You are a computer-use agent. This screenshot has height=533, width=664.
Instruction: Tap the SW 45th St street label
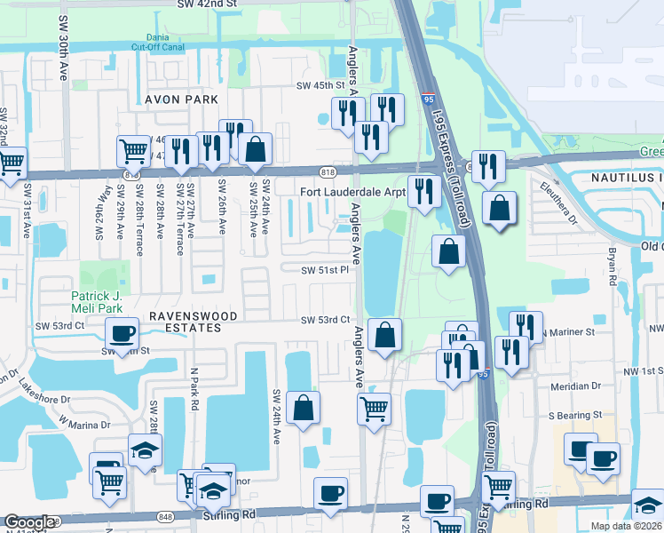[x=320, y=85]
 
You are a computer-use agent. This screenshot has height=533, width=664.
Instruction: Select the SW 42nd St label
[x=208, y=4]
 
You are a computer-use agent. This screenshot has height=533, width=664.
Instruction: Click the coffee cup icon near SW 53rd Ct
[x=122, y=334]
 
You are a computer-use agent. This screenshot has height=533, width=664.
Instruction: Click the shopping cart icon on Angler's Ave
[x=374, y=410]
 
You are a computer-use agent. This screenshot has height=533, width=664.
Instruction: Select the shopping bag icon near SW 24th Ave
[x=303, y=409]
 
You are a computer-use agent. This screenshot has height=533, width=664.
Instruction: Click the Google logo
[x=29, y=522]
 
